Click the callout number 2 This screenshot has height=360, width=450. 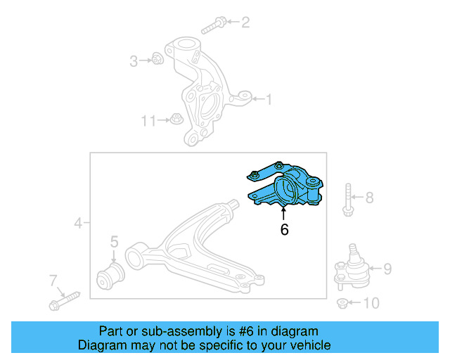point(245,23)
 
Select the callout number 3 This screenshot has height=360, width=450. point(134,61)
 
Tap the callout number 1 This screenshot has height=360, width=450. point(268,100)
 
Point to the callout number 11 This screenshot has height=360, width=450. point(148,121)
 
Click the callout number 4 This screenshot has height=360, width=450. point(78,224)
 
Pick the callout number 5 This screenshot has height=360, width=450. point(113,243)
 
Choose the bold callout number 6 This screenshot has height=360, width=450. point(284,229)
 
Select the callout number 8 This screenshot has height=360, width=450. point(369,198)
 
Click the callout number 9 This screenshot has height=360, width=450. point(386,268)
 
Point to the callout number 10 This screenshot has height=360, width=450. point(371,304)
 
